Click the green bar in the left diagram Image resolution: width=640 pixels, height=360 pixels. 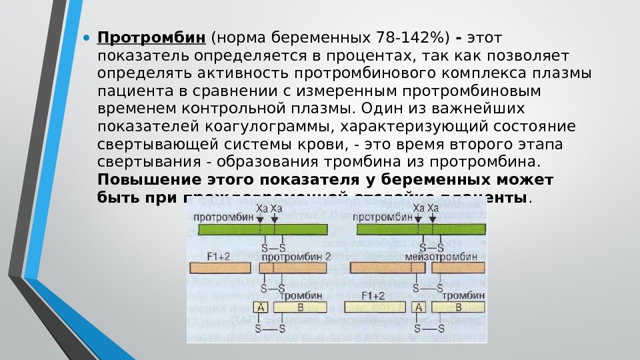tap(263, 229)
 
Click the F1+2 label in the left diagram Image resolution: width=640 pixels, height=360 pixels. tap(218, 256)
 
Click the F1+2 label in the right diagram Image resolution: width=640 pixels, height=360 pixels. tap(373, 295)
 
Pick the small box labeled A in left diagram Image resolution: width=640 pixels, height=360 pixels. tap(261, 307)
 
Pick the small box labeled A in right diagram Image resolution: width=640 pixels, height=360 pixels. tap(419, 307)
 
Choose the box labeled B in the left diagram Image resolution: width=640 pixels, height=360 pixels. tap(300, 307)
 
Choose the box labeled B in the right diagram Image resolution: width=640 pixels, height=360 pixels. tap(458, 307)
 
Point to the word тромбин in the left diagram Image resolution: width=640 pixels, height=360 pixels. tap(307, 295)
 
